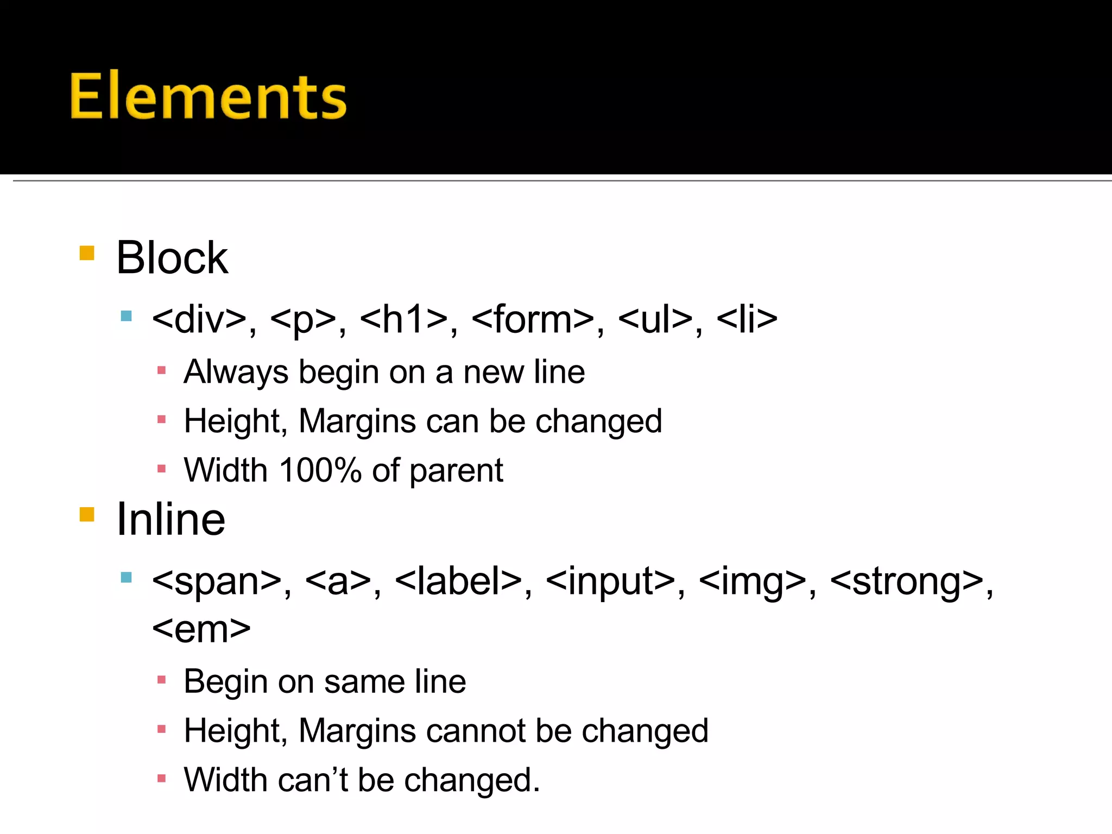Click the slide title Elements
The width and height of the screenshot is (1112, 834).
[x=208, y=96]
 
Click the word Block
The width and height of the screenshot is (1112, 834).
[x=172, y=258]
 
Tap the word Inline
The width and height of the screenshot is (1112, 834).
[x=171, y=520]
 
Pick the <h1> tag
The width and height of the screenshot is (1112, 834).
[x=404, y=319]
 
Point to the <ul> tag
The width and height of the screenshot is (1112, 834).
[x=655, y=319]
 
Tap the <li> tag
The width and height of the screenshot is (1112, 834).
[x=747, y=319]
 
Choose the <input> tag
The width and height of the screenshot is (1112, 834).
[x=610, y=582]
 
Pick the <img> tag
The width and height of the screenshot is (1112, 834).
[x=753, y=582]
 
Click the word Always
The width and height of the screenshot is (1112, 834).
[x=236, y=373]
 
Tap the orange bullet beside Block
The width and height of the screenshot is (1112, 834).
[x=87, y=253]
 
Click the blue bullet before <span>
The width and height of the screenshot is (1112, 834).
[x=127, y=577]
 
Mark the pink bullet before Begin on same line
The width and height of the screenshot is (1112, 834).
[x=161, y=680]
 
